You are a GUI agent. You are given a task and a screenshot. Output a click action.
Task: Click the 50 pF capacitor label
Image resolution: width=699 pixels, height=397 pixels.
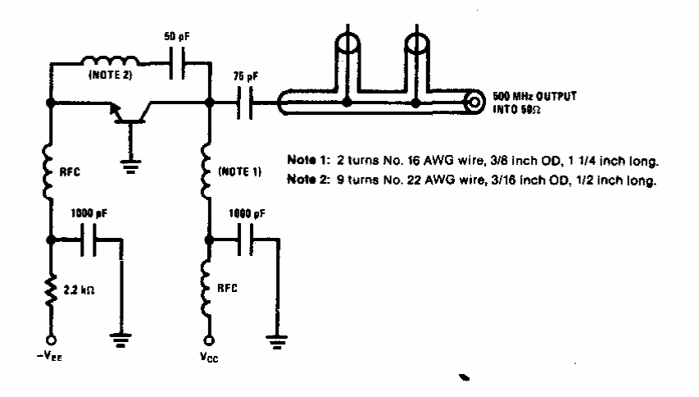[177, 37]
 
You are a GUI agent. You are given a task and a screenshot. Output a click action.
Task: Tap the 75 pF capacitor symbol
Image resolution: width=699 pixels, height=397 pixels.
[244, 103]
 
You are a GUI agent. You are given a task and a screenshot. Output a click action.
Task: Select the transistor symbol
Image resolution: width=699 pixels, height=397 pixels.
[129, 112]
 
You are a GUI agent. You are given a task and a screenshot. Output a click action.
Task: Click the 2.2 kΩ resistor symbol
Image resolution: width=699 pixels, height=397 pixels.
[52, 290]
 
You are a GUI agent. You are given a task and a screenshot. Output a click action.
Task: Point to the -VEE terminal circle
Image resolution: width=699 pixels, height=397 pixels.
[52, 340]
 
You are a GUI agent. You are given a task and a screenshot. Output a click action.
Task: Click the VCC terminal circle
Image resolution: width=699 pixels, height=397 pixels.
[209, 340]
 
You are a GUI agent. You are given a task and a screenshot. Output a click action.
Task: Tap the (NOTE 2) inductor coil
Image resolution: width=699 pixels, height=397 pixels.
[110, 61]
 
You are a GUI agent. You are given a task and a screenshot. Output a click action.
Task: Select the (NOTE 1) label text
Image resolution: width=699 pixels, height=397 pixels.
[240, 171]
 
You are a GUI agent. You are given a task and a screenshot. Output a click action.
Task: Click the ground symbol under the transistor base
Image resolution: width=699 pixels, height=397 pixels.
[130, 167]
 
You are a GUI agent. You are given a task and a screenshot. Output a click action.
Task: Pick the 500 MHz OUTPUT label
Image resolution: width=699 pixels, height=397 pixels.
[534, 96]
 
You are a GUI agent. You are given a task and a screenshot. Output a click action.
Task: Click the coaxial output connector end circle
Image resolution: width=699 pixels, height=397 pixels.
[474, 103]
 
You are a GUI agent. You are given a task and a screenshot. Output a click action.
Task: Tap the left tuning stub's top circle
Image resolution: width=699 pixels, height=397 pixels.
[347, 43]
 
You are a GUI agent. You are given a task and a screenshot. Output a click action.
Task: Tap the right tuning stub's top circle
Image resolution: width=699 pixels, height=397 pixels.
[416, 44]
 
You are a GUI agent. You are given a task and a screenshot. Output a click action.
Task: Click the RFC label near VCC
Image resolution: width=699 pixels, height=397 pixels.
[227, 288]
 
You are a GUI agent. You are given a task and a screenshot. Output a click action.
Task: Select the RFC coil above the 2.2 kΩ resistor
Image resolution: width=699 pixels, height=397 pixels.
[48, 171]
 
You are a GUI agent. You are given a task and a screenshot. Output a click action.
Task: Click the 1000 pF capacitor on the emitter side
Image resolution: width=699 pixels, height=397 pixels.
[89, 240]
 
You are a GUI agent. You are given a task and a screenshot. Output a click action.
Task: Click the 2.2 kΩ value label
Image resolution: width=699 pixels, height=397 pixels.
[79, 290]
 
